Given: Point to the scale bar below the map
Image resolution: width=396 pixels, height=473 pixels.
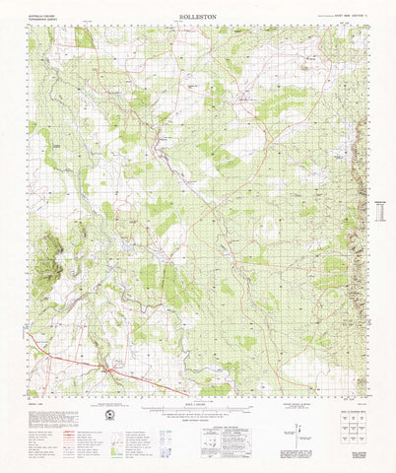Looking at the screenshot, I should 197,409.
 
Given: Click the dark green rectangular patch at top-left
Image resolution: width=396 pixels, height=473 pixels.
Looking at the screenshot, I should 84,37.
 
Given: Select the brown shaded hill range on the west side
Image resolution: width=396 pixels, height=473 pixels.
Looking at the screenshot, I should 45,256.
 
